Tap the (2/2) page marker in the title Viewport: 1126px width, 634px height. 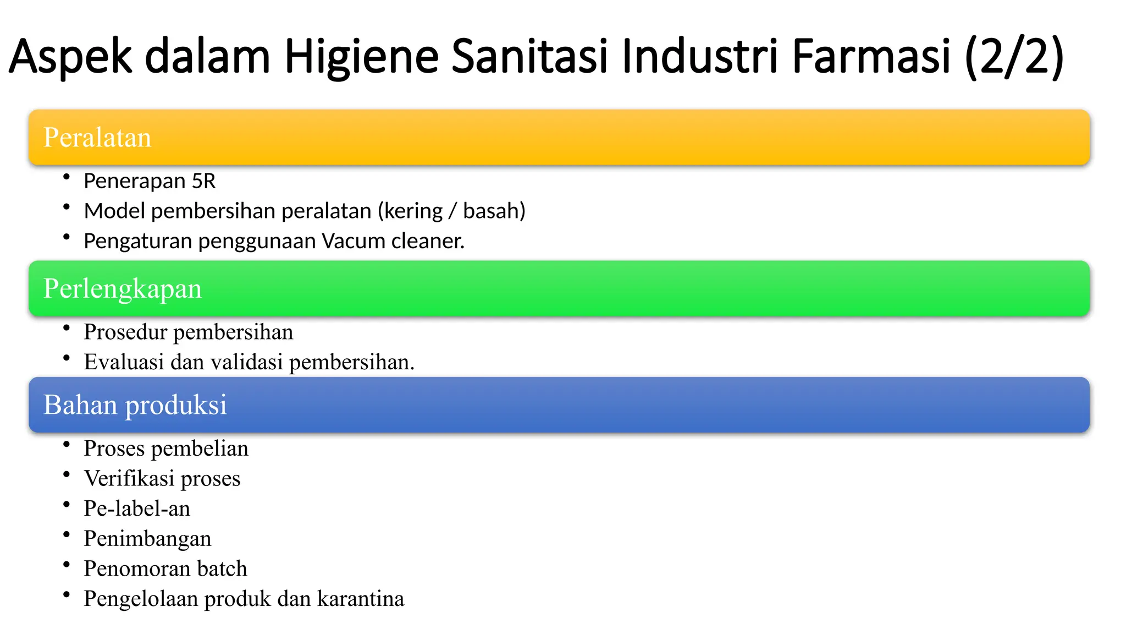click(x=1014, y=56)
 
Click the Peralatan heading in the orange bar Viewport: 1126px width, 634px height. click(x=97, y=138)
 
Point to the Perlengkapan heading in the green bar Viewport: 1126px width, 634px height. click(x=123, y=288)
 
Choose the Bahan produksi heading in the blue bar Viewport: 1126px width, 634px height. click(x=135, y=405)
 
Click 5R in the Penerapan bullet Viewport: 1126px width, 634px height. click(x=203, y=181)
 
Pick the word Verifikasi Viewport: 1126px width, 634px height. click(x=129, y=478)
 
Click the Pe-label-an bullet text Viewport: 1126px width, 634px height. click(x=137, y=509)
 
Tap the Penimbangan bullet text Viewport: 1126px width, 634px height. click(x=147, y=539)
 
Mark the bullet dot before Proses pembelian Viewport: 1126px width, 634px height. click(x=67, y=444)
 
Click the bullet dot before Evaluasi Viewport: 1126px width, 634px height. click(x=67, y=358)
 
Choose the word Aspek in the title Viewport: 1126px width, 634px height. click(x=70, y=57)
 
